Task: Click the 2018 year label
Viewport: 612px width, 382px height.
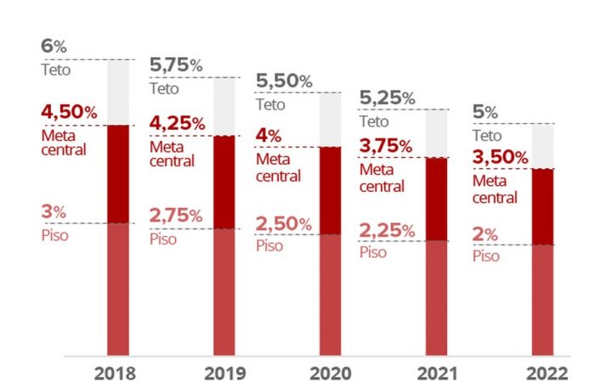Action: coord(116,372)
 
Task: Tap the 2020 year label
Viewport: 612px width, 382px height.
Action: coord(330,372)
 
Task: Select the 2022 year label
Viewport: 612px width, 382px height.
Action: coord(543,372)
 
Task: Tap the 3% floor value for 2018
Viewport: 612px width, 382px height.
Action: coord(53,213)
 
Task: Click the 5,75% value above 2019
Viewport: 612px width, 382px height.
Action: coord(176,65)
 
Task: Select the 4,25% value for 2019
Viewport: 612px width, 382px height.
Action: coord(177,124)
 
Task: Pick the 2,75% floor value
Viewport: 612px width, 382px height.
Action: coord(176,216)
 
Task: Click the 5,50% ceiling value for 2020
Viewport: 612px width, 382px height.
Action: coord(284,82)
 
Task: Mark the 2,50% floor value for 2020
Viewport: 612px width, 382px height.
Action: coord(284,223)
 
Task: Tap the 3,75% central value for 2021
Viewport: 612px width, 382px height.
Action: coord(388,145)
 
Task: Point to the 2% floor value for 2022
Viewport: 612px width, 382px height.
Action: coord(485,235)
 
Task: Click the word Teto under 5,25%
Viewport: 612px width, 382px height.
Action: coord(375,121)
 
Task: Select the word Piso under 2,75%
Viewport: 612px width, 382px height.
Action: coord(163,239)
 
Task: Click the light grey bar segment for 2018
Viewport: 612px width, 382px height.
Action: coord(118,92)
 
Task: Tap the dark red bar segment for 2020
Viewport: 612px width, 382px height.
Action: coord(331,189)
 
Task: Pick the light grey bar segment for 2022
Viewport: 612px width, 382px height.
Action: coord(543,146)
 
